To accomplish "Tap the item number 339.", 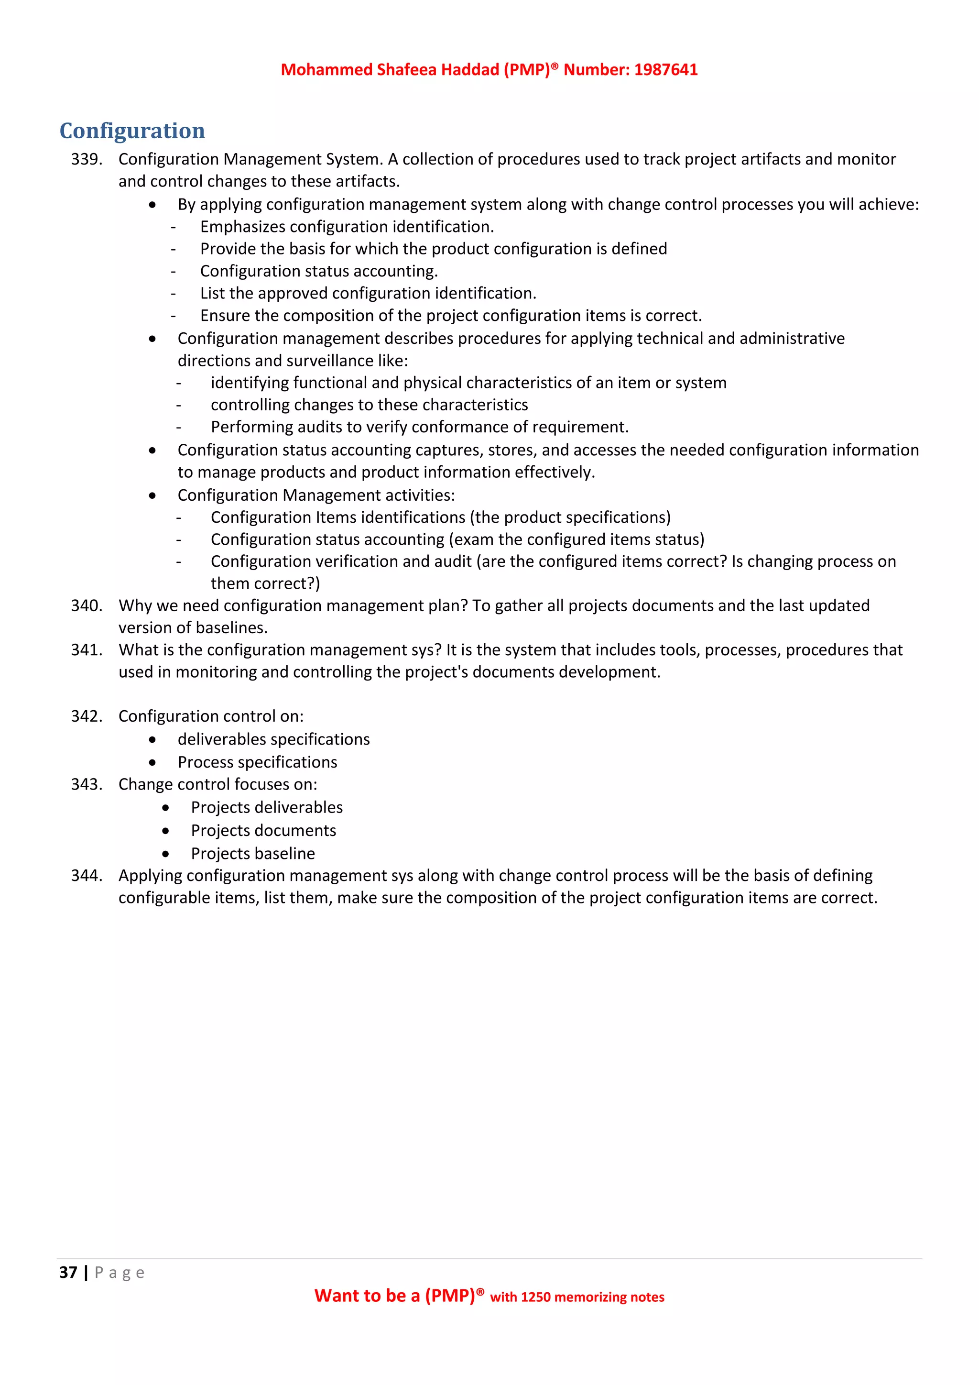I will (86, 159).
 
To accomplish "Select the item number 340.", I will (86, 605).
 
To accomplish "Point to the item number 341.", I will (86, 649).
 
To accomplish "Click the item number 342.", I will (86, 716).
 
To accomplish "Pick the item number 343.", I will (86, 784).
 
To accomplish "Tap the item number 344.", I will (86, 875).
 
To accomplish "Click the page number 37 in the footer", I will (68, 1272).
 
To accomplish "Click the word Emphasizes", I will (242, 227).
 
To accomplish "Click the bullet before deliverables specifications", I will (152, 739).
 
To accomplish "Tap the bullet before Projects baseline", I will (166, 854).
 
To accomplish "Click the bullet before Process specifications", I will (152, 762).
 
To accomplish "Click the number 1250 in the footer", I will (535, 1297).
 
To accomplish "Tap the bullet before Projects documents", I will (166, 831).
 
